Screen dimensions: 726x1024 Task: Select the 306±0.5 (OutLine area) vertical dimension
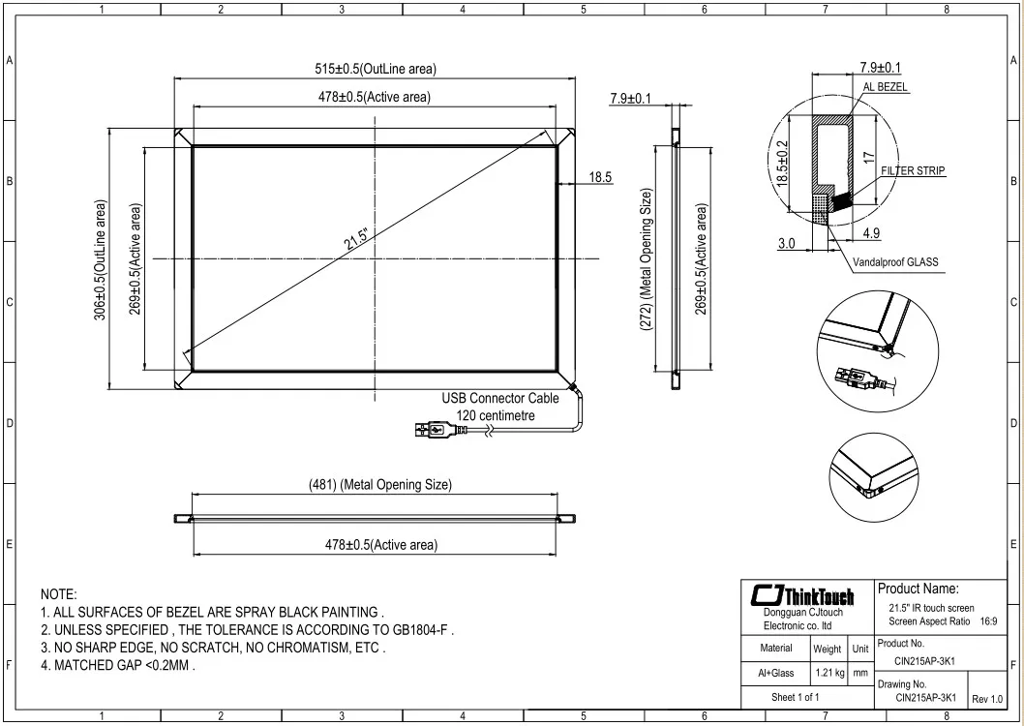(x=102, y=260)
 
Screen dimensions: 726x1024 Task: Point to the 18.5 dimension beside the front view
(x=600, y=177)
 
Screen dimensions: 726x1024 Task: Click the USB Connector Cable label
(x=500, y=398)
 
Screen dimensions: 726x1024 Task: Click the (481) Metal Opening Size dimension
(x=380, y=484)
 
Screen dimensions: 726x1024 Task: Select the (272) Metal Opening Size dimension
(x=647, y=260)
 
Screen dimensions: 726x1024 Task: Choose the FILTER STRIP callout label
(x=913, y=170)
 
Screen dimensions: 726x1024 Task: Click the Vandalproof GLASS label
(x=895, y=261)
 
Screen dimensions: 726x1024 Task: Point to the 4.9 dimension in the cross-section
(x=870, y=232)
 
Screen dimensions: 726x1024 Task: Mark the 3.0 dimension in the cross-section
(x=787, y=243)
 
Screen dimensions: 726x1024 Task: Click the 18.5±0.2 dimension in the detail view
(x=783, y=163)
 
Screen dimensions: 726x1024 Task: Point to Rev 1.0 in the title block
(x=987, y=699)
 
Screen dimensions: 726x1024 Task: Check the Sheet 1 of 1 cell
(x=795, y=697)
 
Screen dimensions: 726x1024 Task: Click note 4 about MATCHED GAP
(x=118, y=666)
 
